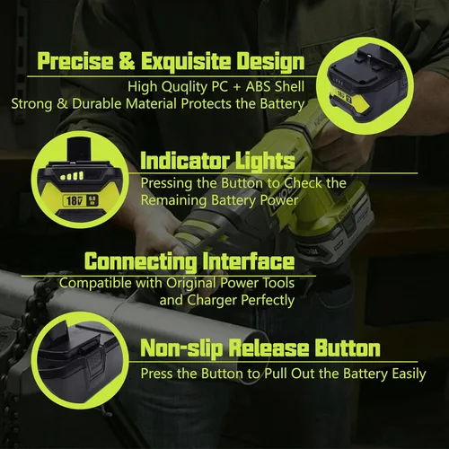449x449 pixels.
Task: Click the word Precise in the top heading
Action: click(x=75, y=61)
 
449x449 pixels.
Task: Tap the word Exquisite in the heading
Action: click(x=186, y=62)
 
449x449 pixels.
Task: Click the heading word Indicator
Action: click(x=184, y=161)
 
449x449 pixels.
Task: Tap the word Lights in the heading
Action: click(x=265, y=162)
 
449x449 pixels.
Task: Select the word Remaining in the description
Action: click(x=173, y=200)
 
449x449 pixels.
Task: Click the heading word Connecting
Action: click(x=141, y=262)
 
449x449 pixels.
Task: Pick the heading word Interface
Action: click(x=249, y=260)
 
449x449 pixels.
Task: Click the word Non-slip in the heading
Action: click(x=181, y=348)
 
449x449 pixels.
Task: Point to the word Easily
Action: click(x=409, y=374)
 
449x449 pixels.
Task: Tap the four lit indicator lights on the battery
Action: click(x=72, y=176)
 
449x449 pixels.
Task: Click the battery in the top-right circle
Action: click(x=365, y=84)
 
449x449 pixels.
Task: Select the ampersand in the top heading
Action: click(x=127, y=61)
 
